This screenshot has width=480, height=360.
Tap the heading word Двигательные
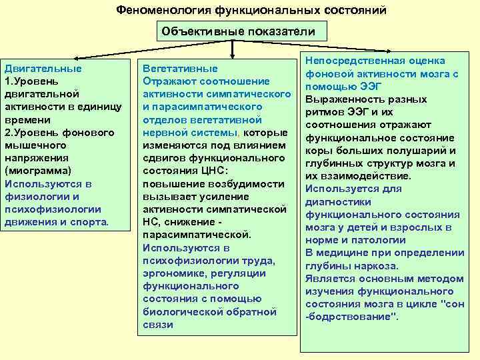[43, 69]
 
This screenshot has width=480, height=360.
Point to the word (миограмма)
[38, 171]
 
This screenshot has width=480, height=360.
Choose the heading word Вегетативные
[179, 69]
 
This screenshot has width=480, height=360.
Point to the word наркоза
[375, 265]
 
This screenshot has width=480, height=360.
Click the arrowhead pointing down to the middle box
[232, 55]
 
